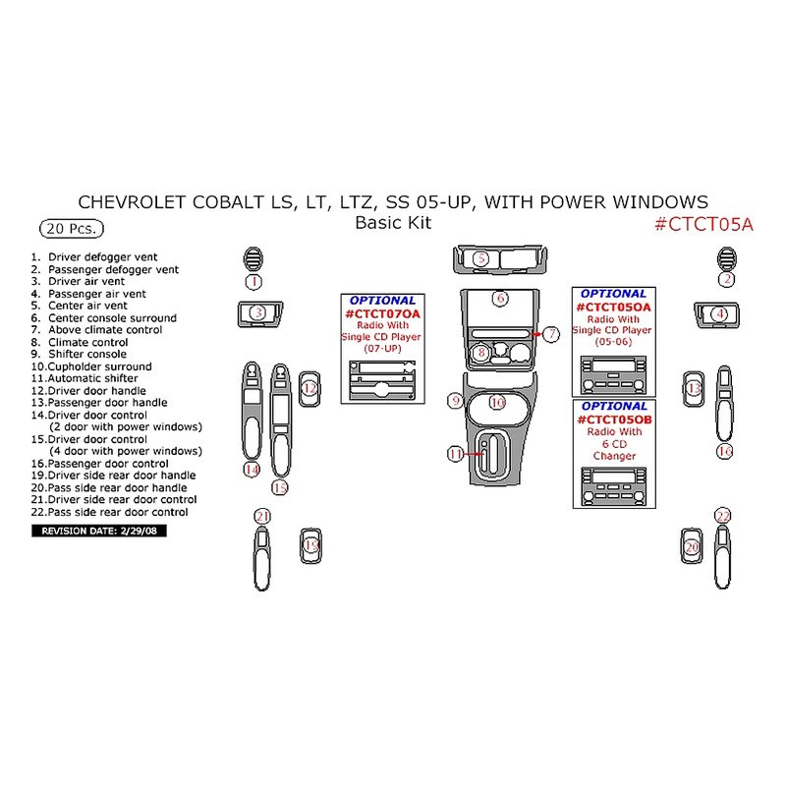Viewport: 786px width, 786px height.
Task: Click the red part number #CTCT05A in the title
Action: pos(703,224)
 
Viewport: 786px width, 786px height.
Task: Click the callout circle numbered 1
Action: pos(253,282)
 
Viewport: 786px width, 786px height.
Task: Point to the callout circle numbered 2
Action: pos(727,279)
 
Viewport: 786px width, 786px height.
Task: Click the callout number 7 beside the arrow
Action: pos(552,335)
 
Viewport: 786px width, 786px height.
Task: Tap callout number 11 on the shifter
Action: pos(455,454)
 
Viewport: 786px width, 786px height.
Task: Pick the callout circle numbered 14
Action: pos(252,470)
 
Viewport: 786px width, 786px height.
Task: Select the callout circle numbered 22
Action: pos(723,516)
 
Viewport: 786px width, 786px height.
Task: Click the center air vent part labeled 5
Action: pos(499,259)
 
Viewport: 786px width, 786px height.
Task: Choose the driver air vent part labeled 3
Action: pos(258,313)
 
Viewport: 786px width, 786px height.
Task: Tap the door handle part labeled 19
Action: pos(311,545)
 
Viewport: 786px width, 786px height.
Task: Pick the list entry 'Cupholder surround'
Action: pos(90,366)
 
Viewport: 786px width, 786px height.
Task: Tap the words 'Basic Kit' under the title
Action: pos(393,223)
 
